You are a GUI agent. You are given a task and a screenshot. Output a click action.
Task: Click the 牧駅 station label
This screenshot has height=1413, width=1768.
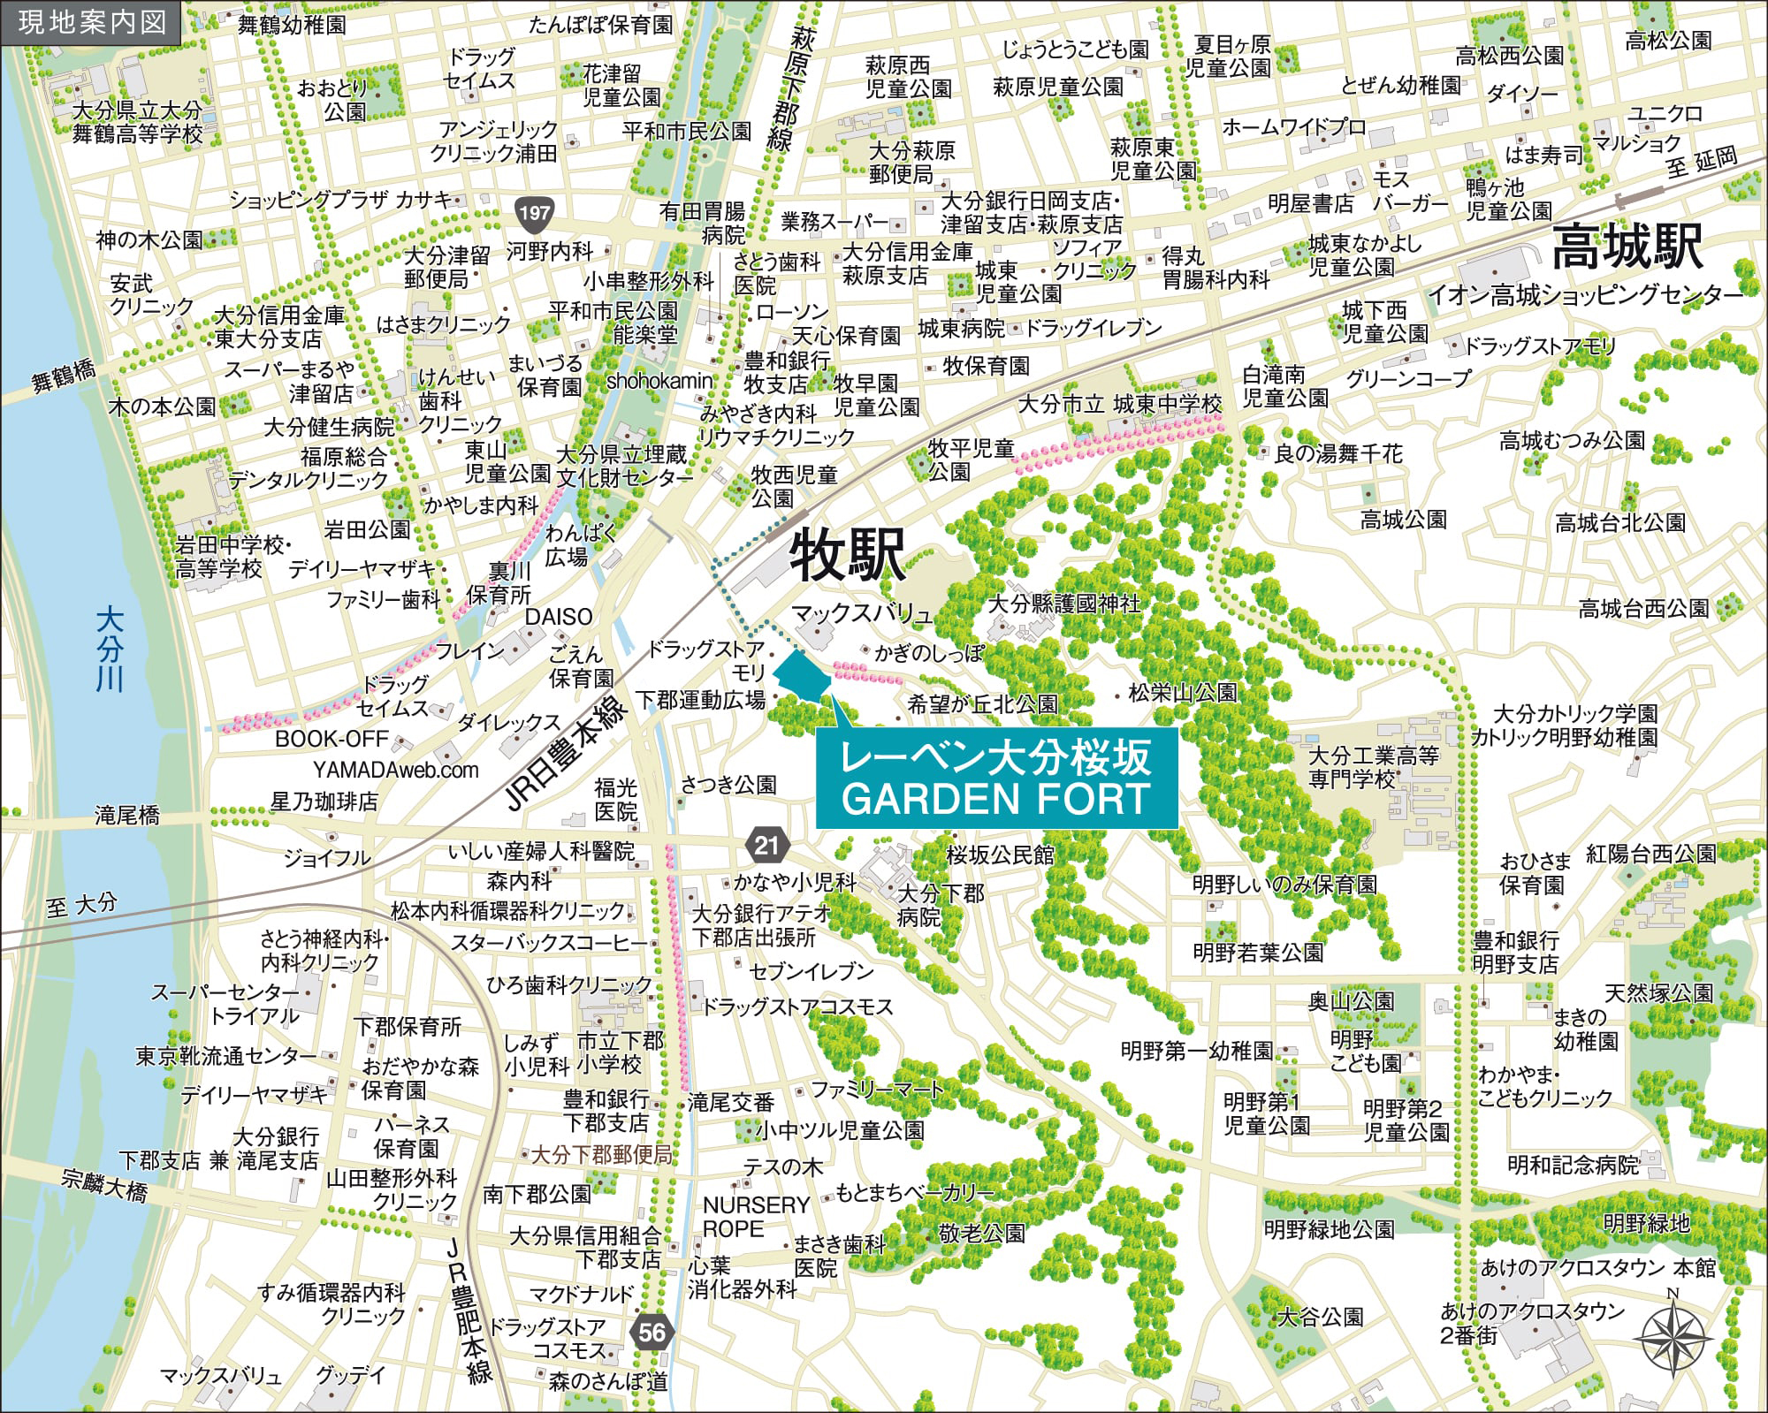tap(847, 555)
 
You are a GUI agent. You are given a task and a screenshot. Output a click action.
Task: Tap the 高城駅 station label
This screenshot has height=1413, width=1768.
tap(1627, 247)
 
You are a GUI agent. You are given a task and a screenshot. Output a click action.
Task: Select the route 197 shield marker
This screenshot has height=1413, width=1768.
tap(534, 212)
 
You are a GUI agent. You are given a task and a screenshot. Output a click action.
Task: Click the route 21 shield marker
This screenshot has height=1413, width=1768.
tap(766, 845)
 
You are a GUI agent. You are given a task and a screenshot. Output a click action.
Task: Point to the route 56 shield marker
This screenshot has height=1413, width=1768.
tap(652, 1332)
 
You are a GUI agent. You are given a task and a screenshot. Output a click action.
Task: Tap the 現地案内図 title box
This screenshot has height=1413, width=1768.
tap(91, 22)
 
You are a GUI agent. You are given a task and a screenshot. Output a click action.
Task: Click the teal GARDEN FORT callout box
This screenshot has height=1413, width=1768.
tap(996, 779)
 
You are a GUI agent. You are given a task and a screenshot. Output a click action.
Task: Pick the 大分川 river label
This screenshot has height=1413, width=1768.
tap(110, 649)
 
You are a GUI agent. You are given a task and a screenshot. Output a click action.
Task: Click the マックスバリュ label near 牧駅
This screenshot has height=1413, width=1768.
tap(861, 612)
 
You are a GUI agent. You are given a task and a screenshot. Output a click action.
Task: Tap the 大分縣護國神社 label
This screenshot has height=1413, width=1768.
tap(1063, 603)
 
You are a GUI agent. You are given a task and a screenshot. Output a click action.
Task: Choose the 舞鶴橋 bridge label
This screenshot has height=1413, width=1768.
tap(64, 376)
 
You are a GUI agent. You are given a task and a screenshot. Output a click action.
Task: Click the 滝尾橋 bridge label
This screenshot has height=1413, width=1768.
tap(127, 814)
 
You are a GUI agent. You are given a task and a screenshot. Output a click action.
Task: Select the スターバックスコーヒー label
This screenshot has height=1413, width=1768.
tap(549, 943)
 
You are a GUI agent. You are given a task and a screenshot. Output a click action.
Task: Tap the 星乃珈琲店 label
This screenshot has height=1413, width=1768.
tap(324, 801)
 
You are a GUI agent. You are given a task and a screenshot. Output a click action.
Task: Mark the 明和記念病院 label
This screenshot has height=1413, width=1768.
tap(1573, 1165)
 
